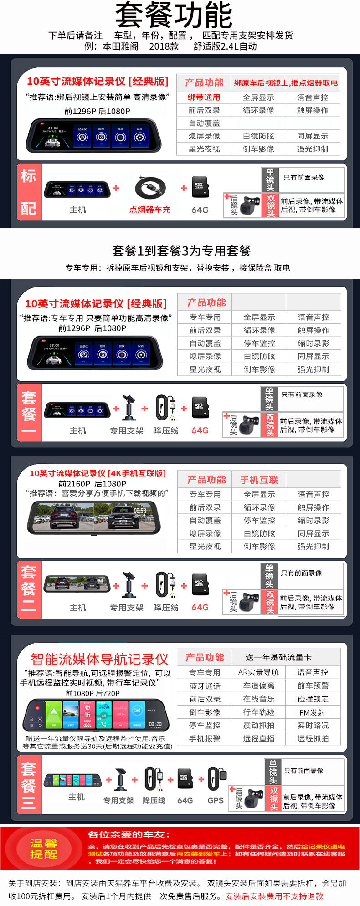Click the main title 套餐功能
tap(174, 15)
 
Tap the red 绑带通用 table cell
tap(204, 97)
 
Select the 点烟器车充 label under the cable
tap(149, 210)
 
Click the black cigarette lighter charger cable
tap(150, 187)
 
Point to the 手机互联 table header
tap(259, 480)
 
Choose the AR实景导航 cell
tap(258, 672)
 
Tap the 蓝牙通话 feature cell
tap(205, 686)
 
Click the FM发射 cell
tap(313, 712)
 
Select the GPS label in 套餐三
tap(216, 800)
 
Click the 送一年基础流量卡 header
tap(278, 657)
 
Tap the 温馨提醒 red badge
tap(44, 849)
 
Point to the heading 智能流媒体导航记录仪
tap(99, 659)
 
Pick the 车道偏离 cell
tap(258, 686)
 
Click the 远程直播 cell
tap(258, 739)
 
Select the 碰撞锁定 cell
tap(313, 699)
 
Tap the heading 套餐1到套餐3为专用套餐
tap(181, 251)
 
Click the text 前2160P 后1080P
tap(92, 484)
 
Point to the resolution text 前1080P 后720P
tap(93, 693)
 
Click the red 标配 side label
tap(29, 192)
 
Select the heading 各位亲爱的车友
tap(129, 835)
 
